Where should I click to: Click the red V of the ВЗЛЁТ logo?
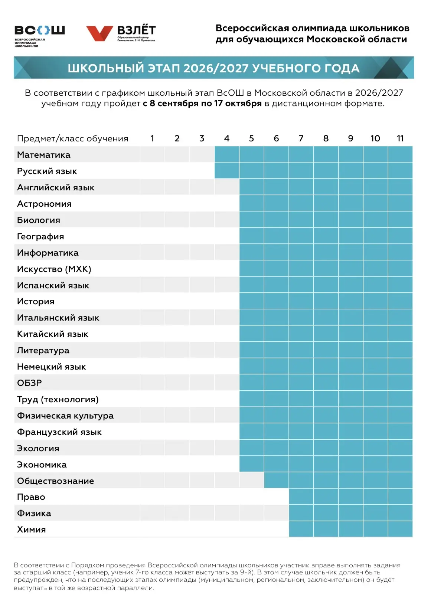(x=100, y=33)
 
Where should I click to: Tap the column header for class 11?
(x=400, y=139)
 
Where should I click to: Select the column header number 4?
(x=227, y=139)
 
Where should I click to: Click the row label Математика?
(x=43, y=155)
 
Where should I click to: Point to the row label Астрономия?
(x=44, y=204)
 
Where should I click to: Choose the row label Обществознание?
(x=55, y=481)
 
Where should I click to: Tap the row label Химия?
(x=31, y=529)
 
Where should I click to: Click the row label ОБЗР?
(x=29, y=383)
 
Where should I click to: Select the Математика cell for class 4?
(x=227, y=154)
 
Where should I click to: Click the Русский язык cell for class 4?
(x=227, y=170)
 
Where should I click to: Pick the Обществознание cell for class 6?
(x=276, y=480)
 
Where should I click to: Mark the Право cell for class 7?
(x=301, y=496)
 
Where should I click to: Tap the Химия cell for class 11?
(x=400, y=529)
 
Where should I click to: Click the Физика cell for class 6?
(x=276, y=513)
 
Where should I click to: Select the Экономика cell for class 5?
(x=251, y=464)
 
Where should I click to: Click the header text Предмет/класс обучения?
(x=72, y=139)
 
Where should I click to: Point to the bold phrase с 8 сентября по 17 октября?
(x=202, y=104)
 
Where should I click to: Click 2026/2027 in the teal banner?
(x=216, y=68)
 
